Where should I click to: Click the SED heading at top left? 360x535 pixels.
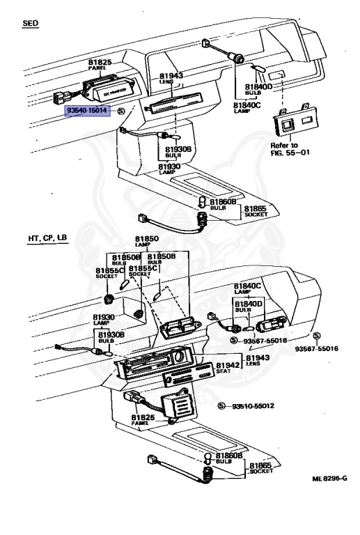coord(31,23)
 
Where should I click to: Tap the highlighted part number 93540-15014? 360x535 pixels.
coord(88,110)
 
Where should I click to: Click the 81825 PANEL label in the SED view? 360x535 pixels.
coord(100,65)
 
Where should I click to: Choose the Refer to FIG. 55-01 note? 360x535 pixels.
coord(290,149)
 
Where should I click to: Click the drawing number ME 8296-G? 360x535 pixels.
coord(329,479)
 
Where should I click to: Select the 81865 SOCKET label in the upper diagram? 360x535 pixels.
coord(255,211)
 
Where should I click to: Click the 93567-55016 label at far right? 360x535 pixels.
coord(315,348)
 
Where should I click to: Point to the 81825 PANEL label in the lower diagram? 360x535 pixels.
coord(143,421)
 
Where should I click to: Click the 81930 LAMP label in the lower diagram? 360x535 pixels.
coord(104,320)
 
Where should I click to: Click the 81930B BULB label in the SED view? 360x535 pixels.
coord(178,152)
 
